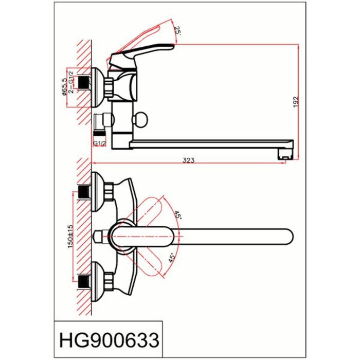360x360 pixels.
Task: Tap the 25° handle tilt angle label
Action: (x=178, y=30)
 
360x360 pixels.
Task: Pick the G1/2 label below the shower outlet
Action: (x=99, y=143)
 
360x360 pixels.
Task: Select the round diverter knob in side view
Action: (x=139, y=121)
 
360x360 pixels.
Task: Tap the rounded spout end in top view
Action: (x=285, y=236)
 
